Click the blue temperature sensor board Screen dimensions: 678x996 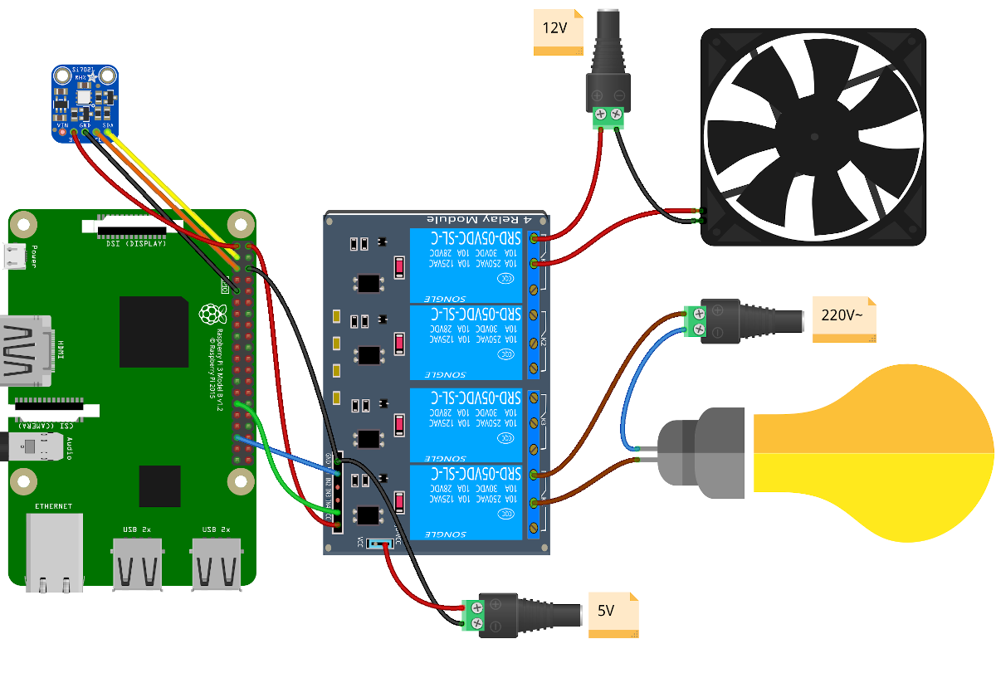pos(85,103)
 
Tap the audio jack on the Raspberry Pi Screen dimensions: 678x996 pos(33,448)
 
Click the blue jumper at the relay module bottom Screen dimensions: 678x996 pos(381,545)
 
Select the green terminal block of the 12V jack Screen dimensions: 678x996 pos(608,116)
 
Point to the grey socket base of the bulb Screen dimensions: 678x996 pos(702,453)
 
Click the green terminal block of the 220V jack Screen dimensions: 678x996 pos(694,322)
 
